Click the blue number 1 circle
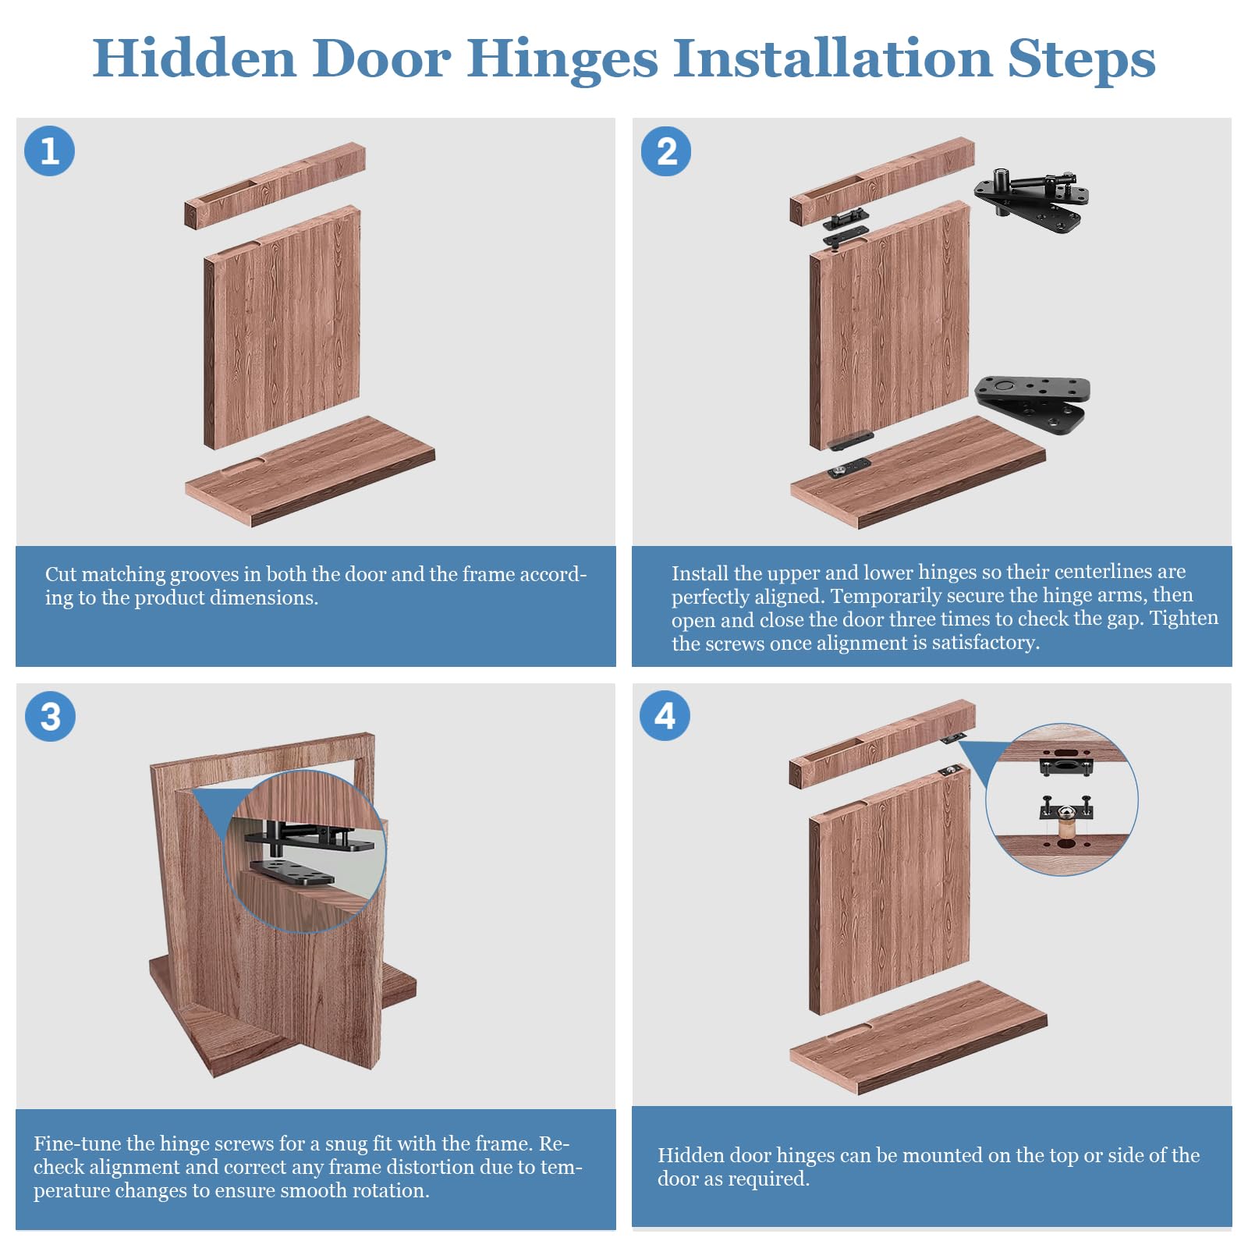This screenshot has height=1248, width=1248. (50, 151)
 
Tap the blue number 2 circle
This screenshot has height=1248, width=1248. (666, 151)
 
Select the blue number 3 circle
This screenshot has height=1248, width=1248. (50, 716)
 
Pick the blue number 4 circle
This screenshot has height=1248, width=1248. (665, 715)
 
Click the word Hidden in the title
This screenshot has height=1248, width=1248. (194, 58)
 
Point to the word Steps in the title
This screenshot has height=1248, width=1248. (1081, 59)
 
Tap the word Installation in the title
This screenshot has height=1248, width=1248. (832, 58)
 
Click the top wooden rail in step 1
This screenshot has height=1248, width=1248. (275, 186)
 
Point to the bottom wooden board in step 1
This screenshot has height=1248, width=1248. (310, 471)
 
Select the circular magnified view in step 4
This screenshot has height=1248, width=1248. (1062, 799)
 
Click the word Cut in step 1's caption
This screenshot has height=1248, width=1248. (61, 574)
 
